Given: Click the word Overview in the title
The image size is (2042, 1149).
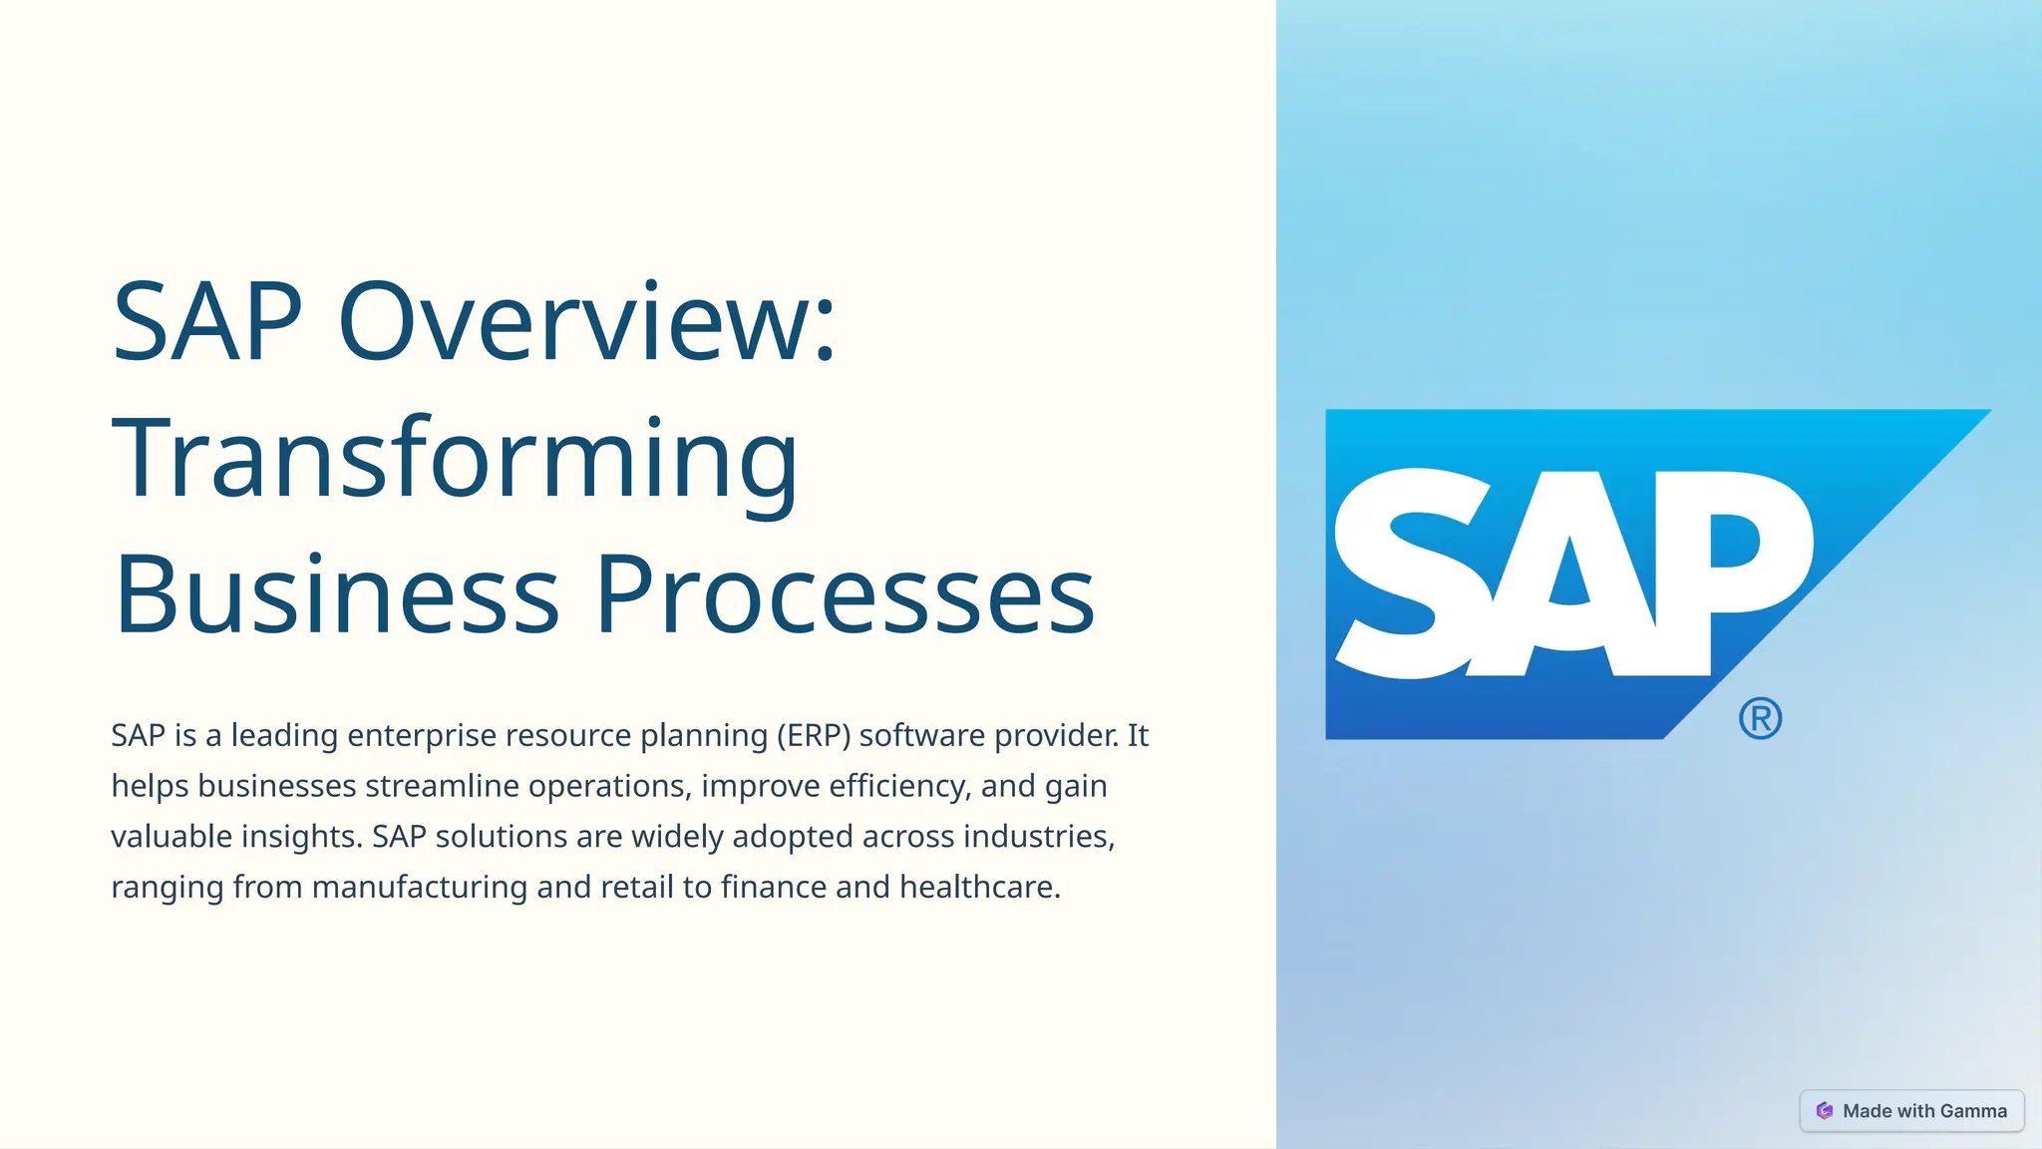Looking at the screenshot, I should [x=587, y=322].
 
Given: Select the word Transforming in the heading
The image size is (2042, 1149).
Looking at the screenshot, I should [x=455, y=459].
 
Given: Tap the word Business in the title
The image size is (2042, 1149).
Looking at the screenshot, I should [x=337, y=595].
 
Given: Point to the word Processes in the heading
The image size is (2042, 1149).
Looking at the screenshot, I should [x=846, y=595].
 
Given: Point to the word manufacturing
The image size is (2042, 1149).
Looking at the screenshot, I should [x=419, y=887].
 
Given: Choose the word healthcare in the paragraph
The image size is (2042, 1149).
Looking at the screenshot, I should [x=979, y=887].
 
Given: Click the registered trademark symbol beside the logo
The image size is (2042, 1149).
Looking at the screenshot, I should [x=1760, y=718].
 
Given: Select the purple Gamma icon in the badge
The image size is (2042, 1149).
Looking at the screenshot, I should [x=1825, y=1111].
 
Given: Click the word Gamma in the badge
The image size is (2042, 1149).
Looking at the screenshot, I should [x=1973, y=1111].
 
